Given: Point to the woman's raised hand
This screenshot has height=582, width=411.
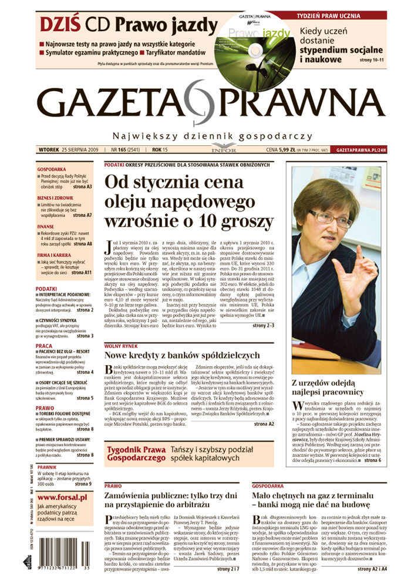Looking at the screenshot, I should tap(364, 270).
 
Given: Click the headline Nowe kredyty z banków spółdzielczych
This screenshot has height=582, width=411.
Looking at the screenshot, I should tap(181, 355).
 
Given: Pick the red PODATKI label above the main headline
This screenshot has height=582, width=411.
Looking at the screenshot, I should tap(113, 165).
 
